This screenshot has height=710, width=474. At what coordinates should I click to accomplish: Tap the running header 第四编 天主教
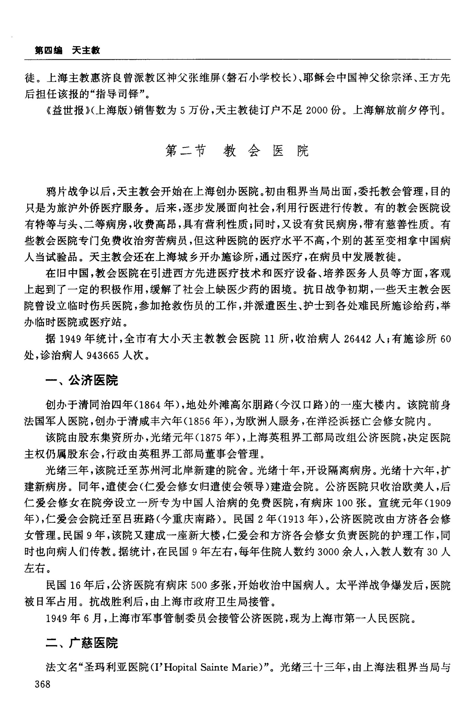pyautogui.click(x=67, y=50)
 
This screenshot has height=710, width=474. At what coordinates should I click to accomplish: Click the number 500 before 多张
pyautogui.click(x=199, y=586)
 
